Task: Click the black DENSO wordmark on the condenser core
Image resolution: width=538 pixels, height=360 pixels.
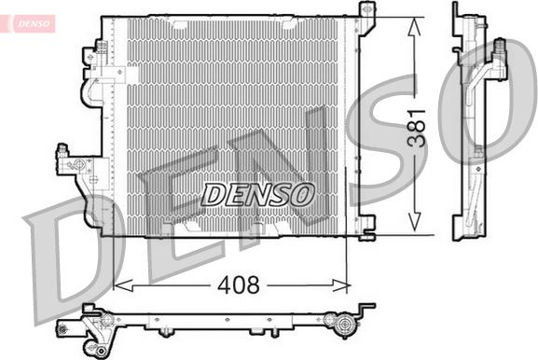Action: pyautogui.click(x=258, y=194)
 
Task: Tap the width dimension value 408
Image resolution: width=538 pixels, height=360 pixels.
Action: pyautogui.click(x=238, y=285)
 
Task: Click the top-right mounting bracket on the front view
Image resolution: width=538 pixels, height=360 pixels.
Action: pyautogui.click(x=366, y=13)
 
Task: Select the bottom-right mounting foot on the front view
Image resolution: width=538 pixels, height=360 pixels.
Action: pyautogui.click(x=366, y=225)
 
